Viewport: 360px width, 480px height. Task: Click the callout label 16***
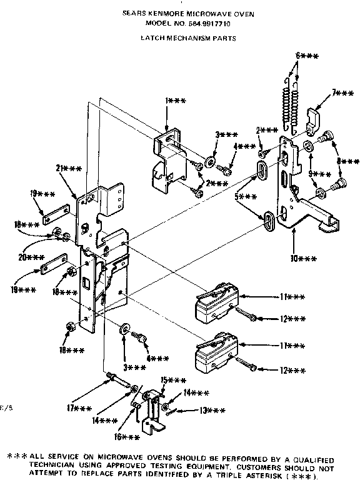pos(131,437)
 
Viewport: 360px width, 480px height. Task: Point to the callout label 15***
pos(174,381)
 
